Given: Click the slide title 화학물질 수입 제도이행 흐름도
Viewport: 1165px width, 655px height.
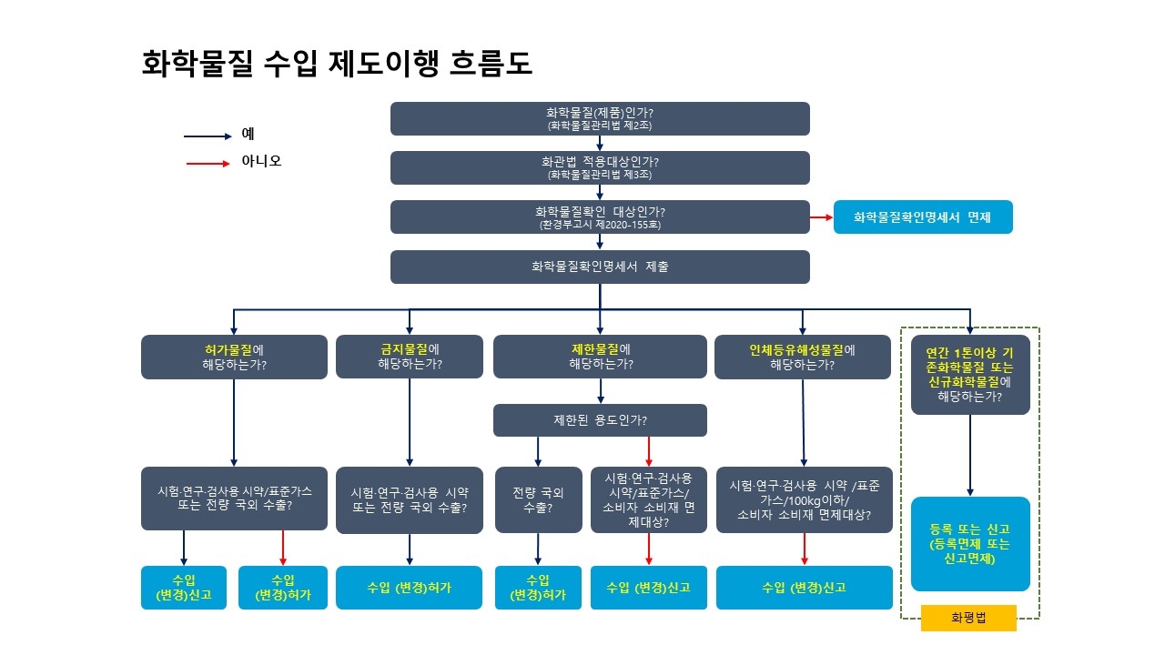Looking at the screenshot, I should click(337, 64).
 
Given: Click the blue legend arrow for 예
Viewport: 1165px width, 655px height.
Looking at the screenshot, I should click(208, 136).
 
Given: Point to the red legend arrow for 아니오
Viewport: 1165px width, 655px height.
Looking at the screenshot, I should click(208, 164).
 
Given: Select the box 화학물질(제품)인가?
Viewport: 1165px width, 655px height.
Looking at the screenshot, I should click(600, 118).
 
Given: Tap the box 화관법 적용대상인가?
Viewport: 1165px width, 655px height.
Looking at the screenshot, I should click(600, 167).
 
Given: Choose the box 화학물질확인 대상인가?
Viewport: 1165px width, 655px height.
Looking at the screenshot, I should click(600, 217).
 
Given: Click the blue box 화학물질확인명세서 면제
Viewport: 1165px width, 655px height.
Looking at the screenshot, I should click(922, 217).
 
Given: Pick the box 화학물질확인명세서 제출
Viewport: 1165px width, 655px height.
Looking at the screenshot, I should click(600, 267).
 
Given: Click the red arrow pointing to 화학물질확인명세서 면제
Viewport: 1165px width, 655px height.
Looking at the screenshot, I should click(821, 217).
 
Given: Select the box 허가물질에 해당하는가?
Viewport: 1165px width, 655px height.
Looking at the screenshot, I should click(234, 357).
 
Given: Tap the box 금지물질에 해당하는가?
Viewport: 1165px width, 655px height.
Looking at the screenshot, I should click(410, 357).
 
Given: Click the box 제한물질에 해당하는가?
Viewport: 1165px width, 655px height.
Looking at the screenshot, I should click(600, 357).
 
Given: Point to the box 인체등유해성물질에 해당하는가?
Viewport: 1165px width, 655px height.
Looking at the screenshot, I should click(803, 357).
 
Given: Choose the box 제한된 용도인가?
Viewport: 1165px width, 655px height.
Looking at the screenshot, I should click(600, 420).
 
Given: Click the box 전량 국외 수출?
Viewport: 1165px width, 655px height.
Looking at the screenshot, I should click(538, 499).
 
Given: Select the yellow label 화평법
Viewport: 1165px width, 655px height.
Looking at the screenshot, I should click(968, 618).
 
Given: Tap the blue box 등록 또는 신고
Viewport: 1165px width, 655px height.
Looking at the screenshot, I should click(970, 544).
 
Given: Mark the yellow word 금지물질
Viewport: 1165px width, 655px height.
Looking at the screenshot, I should click(403, 348).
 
